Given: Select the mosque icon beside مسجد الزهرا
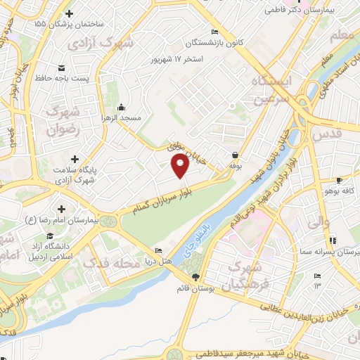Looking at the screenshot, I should tap(121, 107).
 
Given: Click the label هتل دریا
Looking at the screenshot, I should tap(158, 261).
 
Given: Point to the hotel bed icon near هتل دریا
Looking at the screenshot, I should tap(158, 250).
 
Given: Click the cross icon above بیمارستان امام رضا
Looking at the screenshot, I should tap(62, 209).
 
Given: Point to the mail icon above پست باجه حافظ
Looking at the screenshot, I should tap(61, 67).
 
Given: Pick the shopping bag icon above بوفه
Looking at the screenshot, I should tap(234, 155).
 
